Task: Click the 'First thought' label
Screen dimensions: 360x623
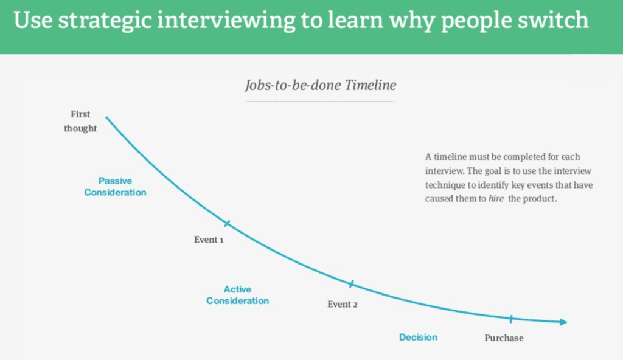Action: click(80, 121)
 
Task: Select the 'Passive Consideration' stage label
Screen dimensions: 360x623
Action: click(116, 187)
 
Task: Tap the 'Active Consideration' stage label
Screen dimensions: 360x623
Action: click(237, 295)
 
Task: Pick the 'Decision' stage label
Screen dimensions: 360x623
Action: click(418, 337)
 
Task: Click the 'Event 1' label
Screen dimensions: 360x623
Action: click(209, 240)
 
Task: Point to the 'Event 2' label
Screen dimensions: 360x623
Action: click(343, 304)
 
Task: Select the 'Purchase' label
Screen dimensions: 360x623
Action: click(504, 338)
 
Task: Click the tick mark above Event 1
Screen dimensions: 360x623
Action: click(227, 224)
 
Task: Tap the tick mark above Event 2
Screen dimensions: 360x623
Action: click(351, 284)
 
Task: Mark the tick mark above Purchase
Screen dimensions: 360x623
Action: click(511, 318)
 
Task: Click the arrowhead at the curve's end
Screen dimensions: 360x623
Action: click(564, 322)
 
